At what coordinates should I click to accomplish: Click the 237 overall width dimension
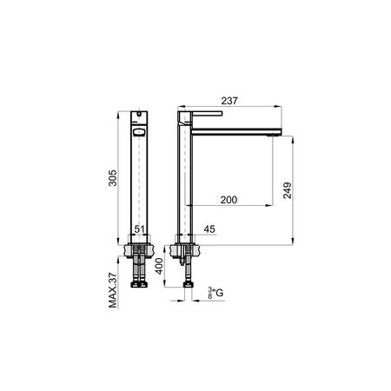(229, 101)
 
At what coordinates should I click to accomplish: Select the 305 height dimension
(112, 178)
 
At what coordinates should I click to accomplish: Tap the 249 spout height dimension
(288, 190)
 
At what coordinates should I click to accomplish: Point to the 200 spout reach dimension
(229, 200)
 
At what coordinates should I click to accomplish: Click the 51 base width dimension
(139, 229)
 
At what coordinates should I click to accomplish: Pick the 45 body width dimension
(209, 229)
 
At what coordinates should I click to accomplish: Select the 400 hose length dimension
(159, 266)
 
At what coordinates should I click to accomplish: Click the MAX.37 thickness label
(113, 290)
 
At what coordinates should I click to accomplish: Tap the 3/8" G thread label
(215, 293)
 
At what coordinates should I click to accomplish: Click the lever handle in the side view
(207, 114)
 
